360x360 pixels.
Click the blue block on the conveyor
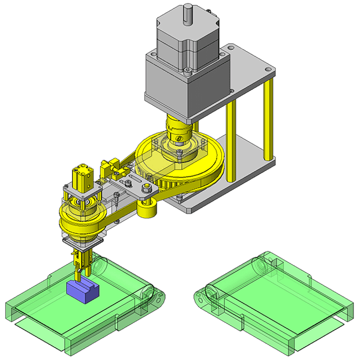(x=80, y=290)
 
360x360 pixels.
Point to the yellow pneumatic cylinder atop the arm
(x=81, y=176)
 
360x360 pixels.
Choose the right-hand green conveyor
(x=270, y=300)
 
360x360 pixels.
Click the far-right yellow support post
(x=272, y=120)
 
